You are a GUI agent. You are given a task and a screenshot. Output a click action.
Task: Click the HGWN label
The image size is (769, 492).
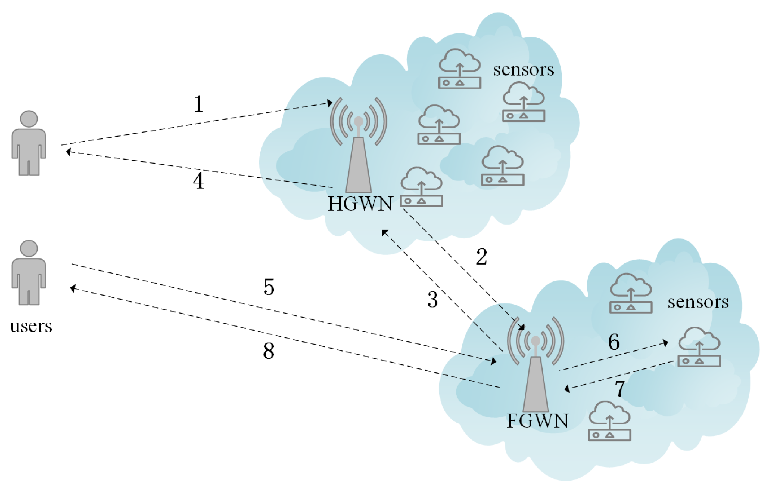[360, 204]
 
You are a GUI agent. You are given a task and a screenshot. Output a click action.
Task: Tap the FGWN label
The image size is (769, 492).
[537, 421]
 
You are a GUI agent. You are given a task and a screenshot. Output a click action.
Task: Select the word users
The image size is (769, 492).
[31, 326]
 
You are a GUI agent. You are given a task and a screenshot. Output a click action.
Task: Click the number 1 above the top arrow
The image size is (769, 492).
[198, 104]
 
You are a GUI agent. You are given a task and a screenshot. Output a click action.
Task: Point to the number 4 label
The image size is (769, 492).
[198, 181]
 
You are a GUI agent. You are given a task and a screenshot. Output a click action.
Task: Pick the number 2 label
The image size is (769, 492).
[481, 257]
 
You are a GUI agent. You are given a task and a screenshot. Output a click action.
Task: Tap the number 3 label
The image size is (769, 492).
[432, 300]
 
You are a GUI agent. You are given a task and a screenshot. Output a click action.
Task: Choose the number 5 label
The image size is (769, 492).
[269, 287]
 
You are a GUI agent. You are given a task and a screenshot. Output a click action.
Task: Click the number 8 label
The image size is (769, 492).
[269, 351]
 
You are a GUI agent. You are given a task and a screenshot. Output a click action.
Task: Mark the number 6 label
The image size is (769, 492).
[614, 342]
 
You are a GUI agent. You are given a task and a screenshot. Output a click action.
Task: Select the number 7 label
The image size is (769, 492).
[620, 389]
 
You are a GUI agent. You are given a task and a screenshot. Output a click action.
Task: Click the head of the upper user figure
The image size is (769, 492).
[29, 119]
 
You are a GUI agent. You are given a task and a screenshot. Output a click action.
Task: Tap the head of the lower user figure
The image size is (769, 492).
[29, 248]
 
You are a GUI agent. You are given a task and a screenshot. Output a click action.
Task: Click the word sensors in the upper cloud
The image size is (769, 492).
[523, 70]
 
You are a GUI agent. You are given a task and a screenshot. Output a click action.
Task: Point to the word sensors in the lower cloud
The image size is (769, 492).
[698, 302]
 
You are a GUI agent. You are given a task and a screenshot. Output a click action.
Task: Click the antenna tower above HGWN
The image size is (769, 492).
[358, 160]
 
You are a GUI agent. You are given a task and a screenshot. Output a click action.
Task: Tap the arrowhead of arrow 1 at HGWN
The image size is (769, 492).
[329, 103]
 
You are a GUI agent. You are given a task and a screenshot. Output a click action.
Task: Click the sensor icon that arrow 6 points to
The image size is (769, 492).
[699, 352]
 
